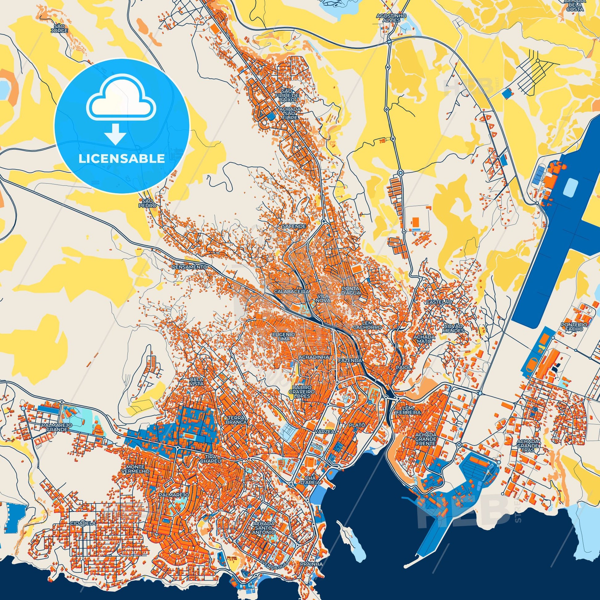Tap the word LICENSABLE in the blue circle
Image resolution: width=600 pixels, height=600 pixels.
click(121, 159)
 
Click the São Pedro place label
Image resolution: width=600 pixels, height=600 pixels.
click(146, 203)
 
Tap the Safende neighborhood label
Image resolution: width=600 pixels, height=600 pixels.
click(294, 226)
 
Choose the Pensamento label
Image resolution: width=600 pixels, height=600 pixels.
click(189, 267)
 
